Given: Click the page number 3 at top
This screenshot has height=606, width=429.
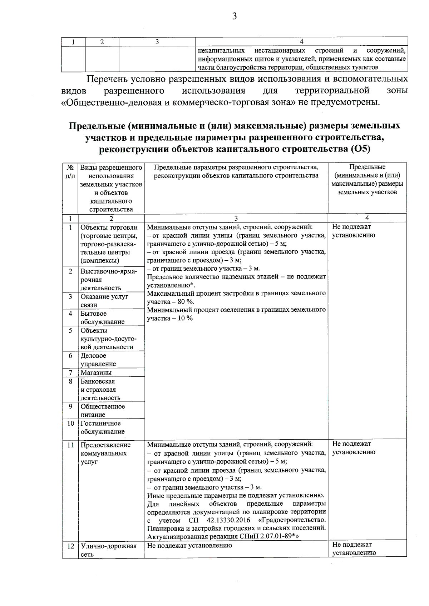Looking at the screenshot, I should (235, 16).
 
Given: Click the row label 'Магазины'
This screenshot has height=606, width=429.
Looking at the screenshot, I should (96, 372).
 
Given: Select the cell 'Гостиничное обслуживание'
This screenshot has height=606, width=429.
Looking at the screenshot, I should (103, 427).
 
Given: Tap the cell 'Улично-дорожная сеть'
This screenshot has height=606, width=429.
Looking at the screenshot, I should (108, 550).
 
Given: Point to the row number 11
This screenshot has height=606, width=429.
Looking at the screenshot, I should (70, 445).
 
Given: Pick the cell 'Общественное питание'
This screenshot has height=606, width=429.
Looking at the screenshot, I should (103, 410).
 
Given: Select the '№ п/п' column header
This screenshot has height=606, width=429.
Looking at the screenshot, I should (70, 171).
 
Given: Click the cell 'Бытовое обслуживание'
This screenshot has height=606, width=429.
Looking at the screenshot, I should (102, 317).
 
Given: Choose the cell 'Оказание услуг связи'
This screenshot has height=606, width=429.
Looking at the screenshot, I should (104, 300).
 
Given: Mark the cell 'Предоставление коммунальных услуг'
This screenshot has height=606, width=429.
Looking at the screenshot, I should (105, 453).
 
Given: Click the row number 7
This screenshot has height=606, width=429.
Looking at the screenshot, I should (70, 372).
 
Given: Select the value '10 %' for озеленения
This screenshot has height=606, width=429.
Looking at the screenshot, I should (185, 318).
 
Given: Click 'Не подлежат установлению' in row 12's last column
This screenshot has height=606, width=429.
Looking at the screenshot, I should (354, 549).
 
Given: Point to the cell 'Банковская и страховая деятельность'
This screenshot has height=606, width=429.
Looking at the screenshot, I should (100, 390).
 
